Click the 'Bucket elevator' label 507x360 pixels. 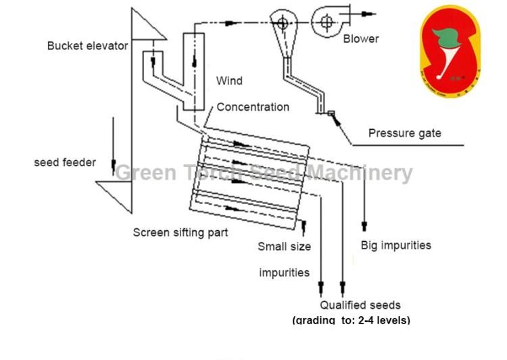coord(87,46)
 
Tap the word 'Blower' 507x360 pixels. coord(361,38)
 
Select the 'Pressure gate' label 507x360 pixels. coord(404,133)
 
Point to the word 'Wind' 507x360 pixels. coord(229,81)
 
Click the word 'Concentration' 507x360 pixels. coord(253,107)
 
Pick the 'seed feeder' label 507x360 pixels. coord(65,163)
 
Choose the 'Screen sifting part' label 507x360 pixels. coord(180,232)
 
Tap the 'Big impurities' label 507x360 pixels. coord(395,245)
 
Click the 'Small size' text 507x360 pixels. coord(284,247)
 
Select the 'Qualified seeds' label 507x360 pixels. coord(360,305)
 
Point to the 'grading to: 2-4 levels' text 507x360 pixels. coord(351,320)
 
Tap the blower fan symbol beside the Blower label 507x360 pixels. coord(329,22)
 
